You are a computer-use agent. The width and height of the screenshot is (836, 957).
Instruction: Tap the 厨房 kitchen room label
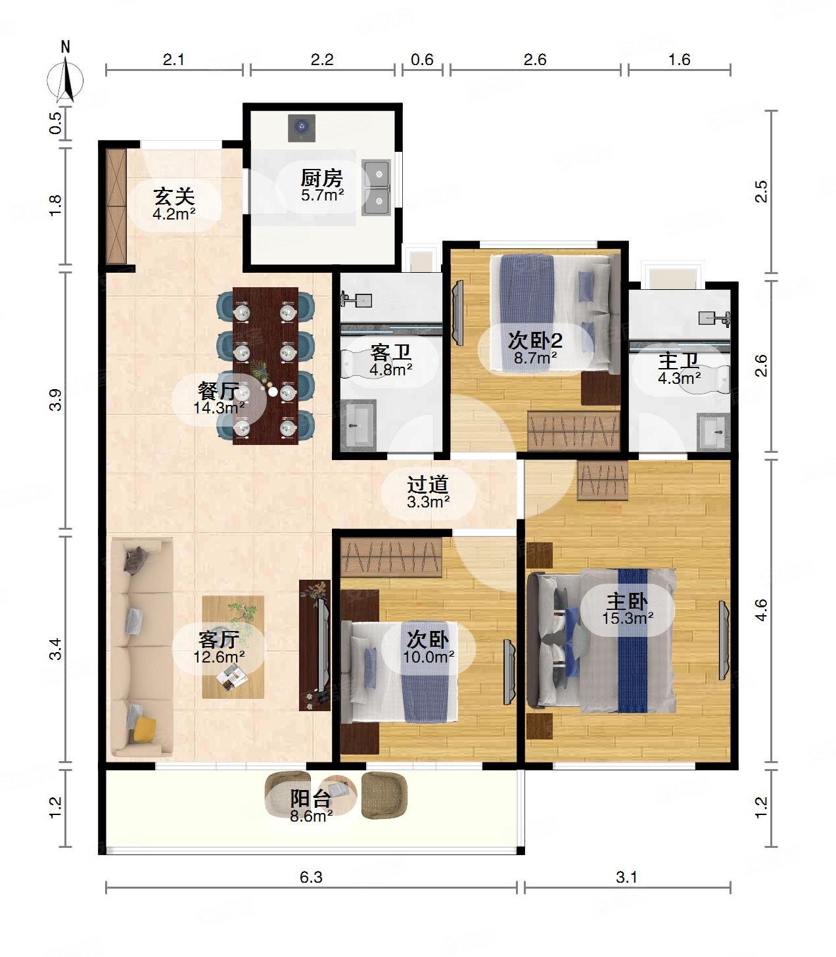tap(321, 178)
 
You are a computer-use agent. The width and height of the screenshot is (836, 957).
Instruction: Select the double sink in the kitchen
tap(376, 187)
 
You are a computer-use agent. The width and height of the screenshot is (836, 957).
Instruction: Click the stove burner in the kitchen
tap(301, 128)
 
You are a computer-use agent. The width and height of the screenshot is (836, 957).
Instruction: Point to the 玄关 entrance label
tap(174, 197)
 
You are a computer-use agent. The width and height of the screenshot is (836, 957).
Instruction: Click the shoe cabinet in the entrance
tap(116, 206)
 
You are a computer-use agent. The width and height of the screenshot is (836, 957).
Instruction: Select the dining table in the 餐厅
tap(265, 365)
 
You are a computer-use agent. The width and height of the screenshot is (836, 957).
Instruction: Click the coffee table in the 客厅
tap(233, 647)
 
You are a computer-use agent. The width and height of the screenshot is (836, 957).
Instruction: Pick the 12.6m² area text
tap(219, 657)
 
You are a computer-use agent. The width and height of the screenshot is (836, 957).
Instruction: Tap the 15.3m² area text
tap(628, 618)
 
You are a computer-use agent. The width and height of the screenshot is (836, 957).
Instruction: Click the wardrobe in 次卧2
tap(574, 431)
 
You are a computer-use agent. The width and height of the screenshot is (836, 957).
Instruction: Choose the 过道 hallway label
tap(427, 484)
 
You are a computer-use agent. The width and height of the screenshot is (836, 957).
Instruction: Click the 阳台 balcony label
tap(311, 799)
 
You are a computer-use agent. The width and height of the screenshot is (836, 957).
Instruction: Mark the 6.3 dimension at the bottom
tap(311, 877)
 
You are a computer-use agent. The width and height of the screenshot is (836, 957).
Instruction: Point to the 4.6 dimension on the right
tap(761, 610)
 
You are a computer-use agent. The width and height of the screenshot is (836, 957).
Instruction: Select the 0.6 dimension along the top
tap(422, 59)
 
